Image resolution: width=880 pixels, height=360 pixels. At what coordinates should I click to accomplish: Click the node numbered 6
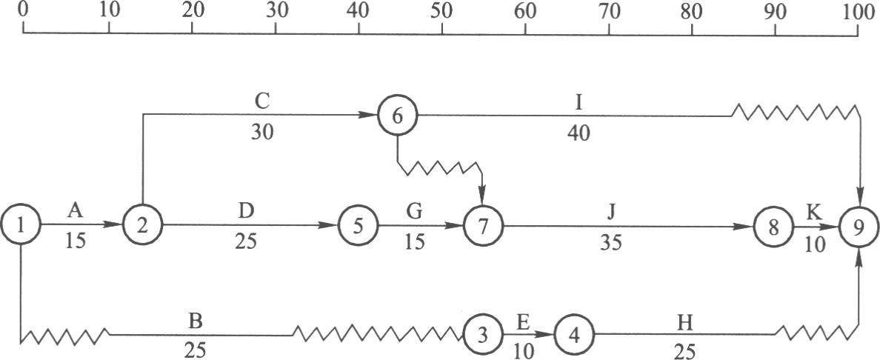coord(397,116)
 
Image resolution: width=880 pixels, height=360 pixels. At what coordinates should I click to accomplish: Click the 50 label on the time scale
coord(442,12)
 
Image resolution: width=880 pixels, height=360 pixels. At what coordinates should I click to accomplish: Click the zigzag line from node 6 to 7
coord(441,170)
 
